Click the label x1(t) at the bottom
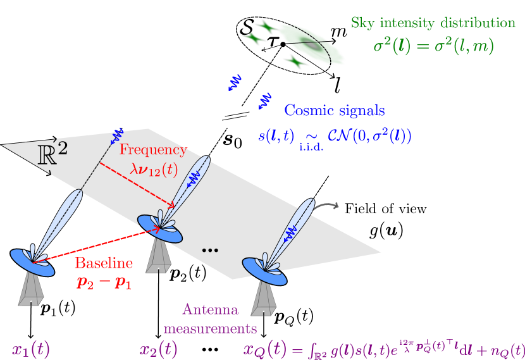[30, 350]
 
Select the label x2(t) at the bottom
[157, 350]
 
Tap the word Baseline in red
[104, 263]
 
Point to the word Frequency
[153, 151]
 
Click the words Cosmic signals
[334, 111]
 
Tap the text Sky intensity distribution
[433, 23]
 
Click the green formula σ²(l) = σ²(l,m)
[433, 46]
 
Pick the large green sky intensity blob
[310, 43]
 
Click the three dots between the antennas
[209, 251]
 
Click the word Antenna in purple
[210, 310]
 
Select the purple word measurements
[210, 328]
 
